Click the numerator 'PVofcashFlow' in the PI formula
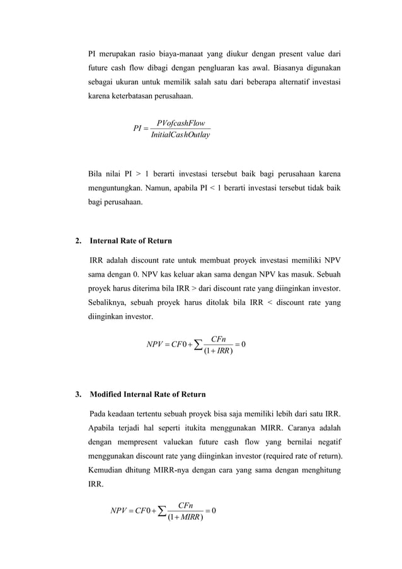[180, 123]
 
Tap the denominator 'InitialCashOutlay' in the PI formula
[180, 134]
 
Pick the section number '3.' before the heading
[78, 395]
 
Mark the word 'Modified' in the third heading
[107, 395]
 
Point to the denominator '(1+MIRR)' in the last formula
[185, 516]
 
